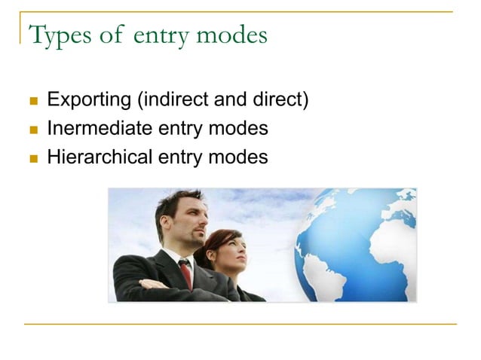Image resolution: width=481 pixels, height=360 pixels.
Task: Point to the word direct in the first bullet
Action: (x=278, y=100)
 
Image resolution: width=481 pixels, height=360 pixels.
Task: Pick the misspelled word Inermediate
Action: (x=100, y=129)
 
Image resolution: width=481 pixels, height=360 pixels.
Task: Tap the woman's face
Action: (x=233, y=254)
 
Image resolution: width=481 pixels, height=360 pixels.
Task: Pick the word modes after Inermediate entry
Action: (x=240, y=129)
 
